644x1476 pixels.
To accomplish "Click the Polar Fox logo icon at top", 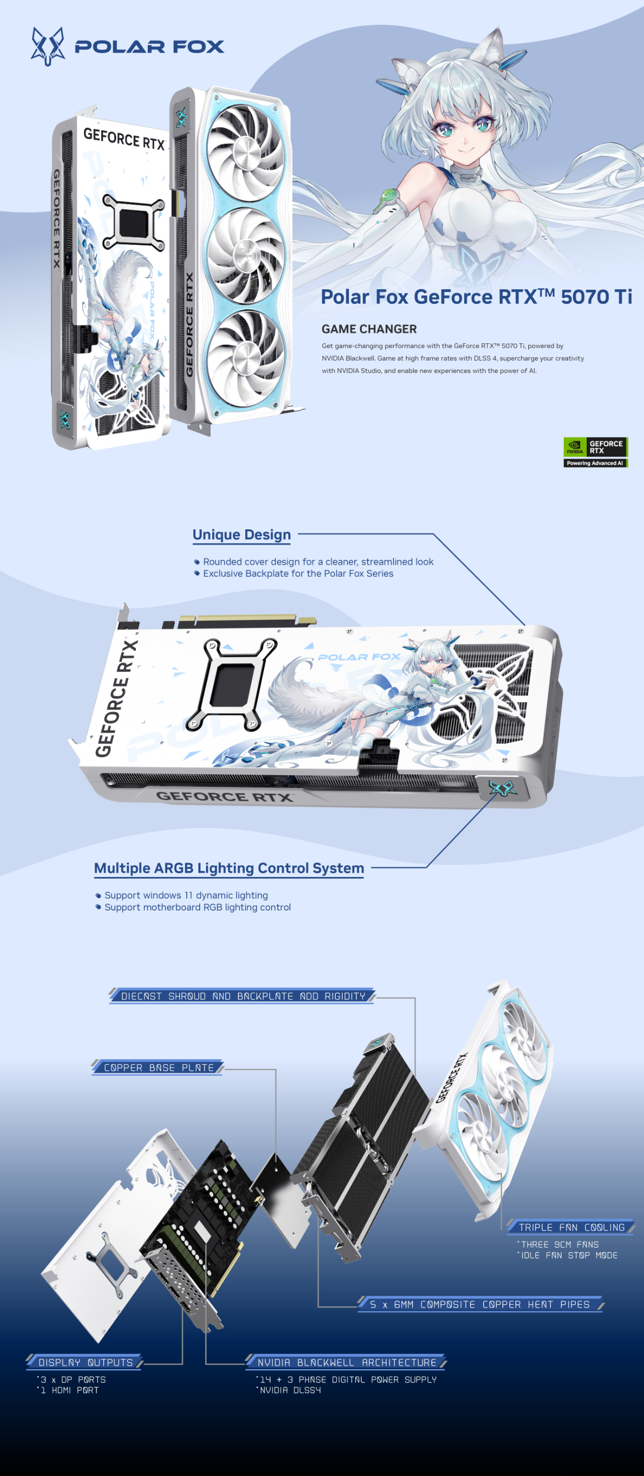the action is click(47, 46).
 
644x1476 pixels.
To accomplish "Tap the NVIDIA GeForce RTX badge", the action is click(595, 452).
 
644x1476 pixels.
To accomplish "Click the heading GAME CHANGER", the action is click(369, 329).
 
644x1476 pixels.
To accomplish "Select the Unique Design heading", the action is click(241, 535).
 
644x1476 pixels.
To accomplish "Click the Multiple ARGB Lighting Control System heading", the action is click(229, 868).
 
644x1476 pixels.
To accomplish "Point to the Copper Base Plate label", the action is click(158, 1067).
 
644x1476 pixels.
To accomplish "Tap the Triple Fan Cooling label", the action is click(571, 1227).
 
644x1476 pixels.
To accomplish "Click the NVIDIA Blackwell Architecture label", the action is click(346, 1362).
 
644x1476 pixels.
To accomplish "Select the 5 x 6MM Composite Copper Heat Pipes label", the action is click(480, 1304).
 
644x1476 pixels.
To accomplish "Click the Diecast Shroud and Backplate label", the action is click(243, 996).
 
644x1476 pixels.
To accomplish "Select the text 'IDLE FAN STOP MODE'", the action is click(569, 1255).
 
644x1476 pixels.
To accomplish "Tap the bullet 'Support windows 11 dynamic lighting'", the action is click(182, 895).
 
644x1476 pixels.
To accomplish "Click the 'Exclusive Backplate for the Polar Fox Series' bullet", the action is click(294, 574).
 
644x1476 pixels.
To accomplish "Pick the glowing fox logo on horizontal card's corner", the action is click(502, 789).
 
